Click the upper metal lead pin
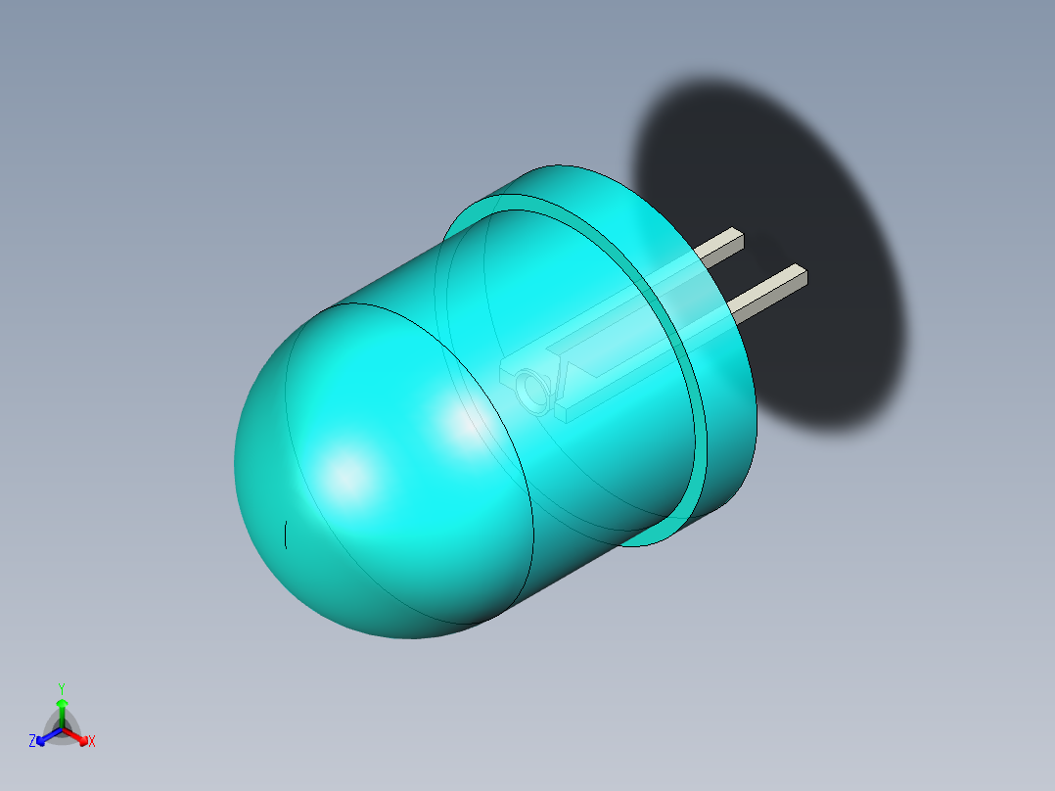click(719, 247)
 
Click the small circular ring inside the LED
click(534, 390)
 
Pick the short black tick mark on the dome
click(286, 535)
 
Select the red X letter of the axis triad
click(92, 742)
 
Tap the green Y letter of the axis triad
click(61, 688)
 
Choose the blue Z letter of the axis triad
click(32, 742)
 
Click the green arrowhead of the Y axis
click(61, 703)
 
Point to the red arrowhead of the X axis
click(82, 737)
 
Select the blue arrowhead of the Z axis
click(41, 739)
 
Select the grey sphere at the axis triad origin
click(62, 728)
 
